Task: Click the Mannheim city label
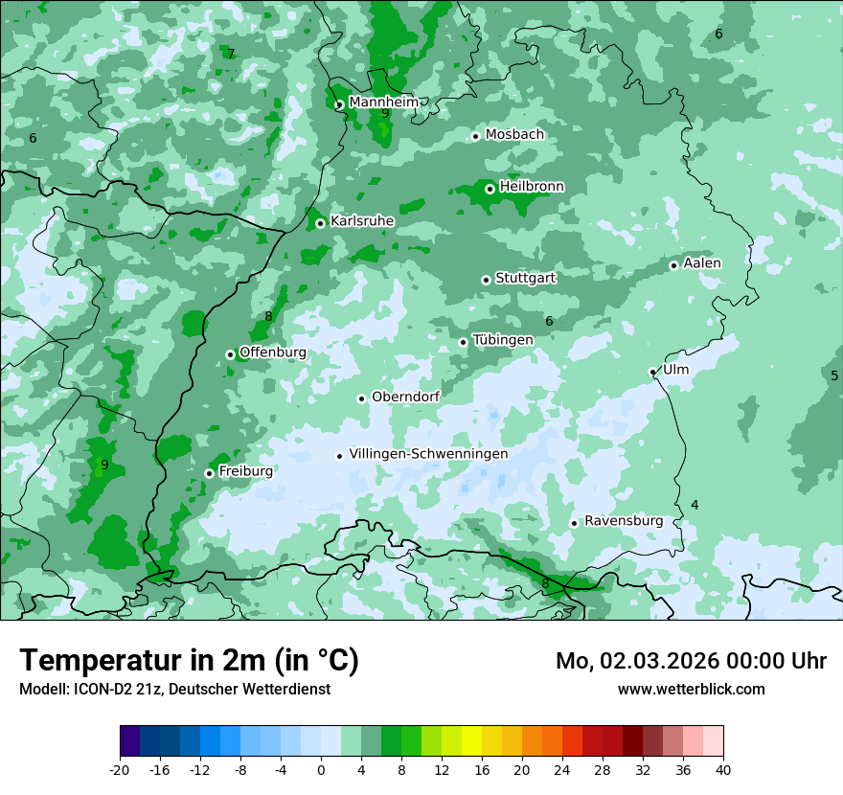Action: pyautogui.click(x=383, y=102)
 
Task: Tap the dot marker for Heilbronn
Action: pyautogui.click(x=490, y=189)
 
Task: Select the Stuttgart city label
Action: pyautogui.click(x=525, y=278)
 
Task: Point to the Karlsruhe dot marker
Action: pyautogui.click(x=320, y=223)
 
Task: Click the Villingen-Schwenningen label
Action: pyautogui.click(x=428, y=454)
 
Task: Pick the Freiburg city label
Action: pyautogui.click(x=245, y=471)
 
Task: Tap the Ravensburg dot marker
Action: pyautogui.click(x=574, y=523)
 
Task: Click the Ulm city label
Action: pyautogui.click(x=675, y=369)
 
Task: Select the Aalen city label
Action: pyautogui.click(x=702, y=262)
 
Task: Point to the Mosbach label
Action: pyautogui.click(x=513, y=134)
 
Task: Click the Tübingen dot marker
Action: pyautogui.click(x=463, y=342)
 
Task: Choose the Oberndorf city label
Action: pyautogui.click(x=405, y=397)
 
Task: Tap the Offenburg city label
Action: pyautogui.click(x=272, y=352)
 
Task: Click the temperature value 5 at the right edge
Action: pyautogui.click(x=834, y=375)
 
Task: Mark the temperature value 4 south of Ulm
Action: pyautogui.click(x=695, y=505)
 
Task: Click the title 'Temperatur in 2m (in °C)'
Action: pyautogui.click(x=189, y=661)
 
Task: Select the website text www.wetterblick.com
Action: pyautogui.click(x=691, y=689)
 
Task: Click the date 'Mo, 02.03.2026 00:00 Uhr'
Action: pyautogui.click(x=691, y=661)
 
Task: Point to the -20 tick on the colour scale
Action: pyautogui.click(x=120, y=769)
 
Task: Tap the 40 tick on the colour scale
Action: pyautogui.click(x=722, y=769)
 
